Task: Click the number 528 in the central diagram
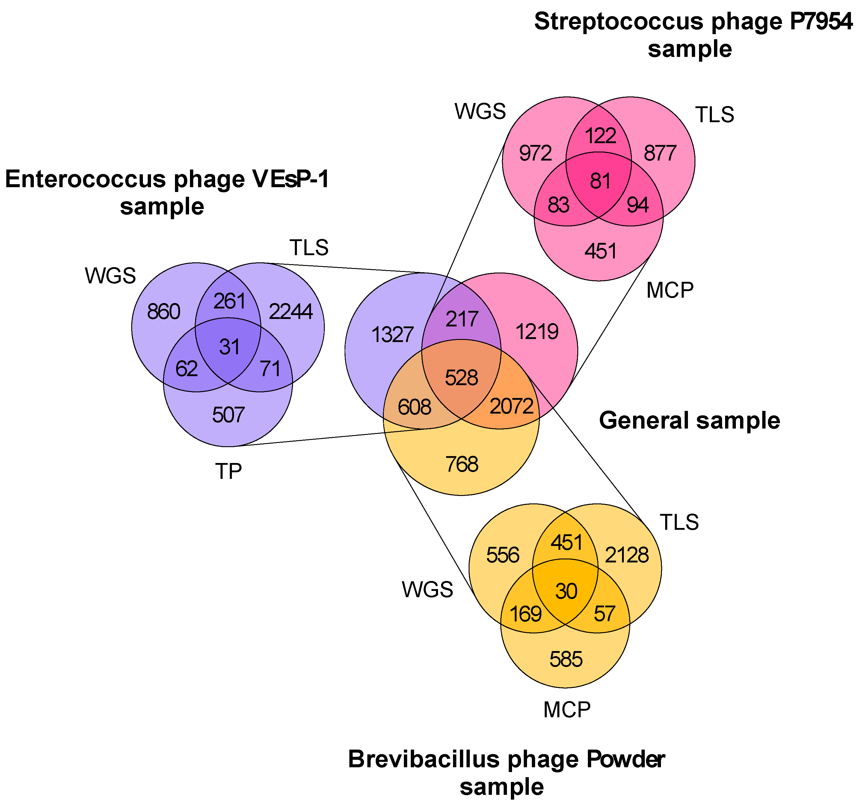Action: [461, 378]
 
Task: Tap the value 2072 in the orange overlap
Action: [511, 406]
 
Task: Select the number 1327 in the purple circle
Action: [392, 335]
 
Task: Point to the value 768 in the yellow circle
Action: [461, 464]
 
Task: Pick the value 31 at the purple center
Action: [229, 347]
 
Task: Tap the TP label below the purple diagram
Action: [228, 471]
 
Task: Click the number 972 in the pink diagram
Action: [535, 153]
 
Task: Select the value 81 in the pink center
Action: [600, 181]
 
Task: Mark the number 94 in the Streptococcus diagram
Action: [638, 205]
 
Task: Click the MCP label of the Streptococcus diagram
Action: [670, 290]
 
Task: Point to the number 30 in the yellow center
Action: [566, 591]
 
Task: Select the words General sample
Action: [689, 420]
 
